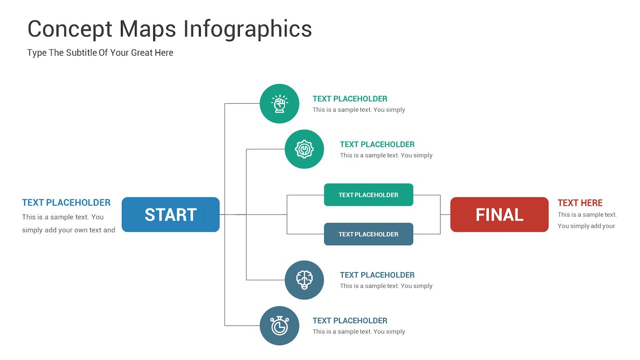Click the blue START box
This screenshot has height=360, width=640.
pos(171,214)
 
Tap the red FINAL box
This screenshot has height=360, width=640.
pos(499,214)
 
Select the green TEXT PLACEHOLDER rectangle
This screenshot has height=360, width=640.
pos(368,195)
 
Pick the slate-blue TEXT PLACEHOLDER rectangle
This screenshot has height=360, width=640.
pos(368,234)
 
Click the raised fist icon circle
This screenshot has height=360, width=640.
pos(279,104)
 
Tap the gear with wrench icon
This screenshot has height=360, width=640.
pos(304,149)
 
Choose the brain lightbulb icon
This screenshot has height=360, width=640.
pos(304,280)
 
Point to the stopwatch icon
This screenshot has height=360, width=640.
pos(279,325)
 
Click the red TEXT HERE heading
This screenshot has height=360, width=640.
pos(580,203)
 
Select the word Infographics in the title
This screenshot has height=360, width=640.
pos(248,29)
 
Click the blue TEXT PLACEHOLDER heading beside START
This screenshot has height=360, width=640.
pos(66,203)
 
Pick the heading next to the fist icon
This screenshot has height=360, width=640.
pos(350,99)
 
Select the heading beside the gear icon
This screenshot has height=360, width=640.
pos(377,144)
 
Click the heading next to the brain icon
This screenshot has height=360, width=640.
pos(377,275)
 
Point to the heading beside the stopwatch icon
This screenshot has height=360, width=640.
pos(350,320)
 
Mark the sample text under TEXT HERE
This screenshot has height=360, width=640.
pos(587,220)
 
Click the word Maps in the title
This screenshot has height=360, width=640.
pos(148,29)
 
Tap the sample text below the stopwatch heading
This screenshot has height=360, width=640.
pos(359,332)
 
